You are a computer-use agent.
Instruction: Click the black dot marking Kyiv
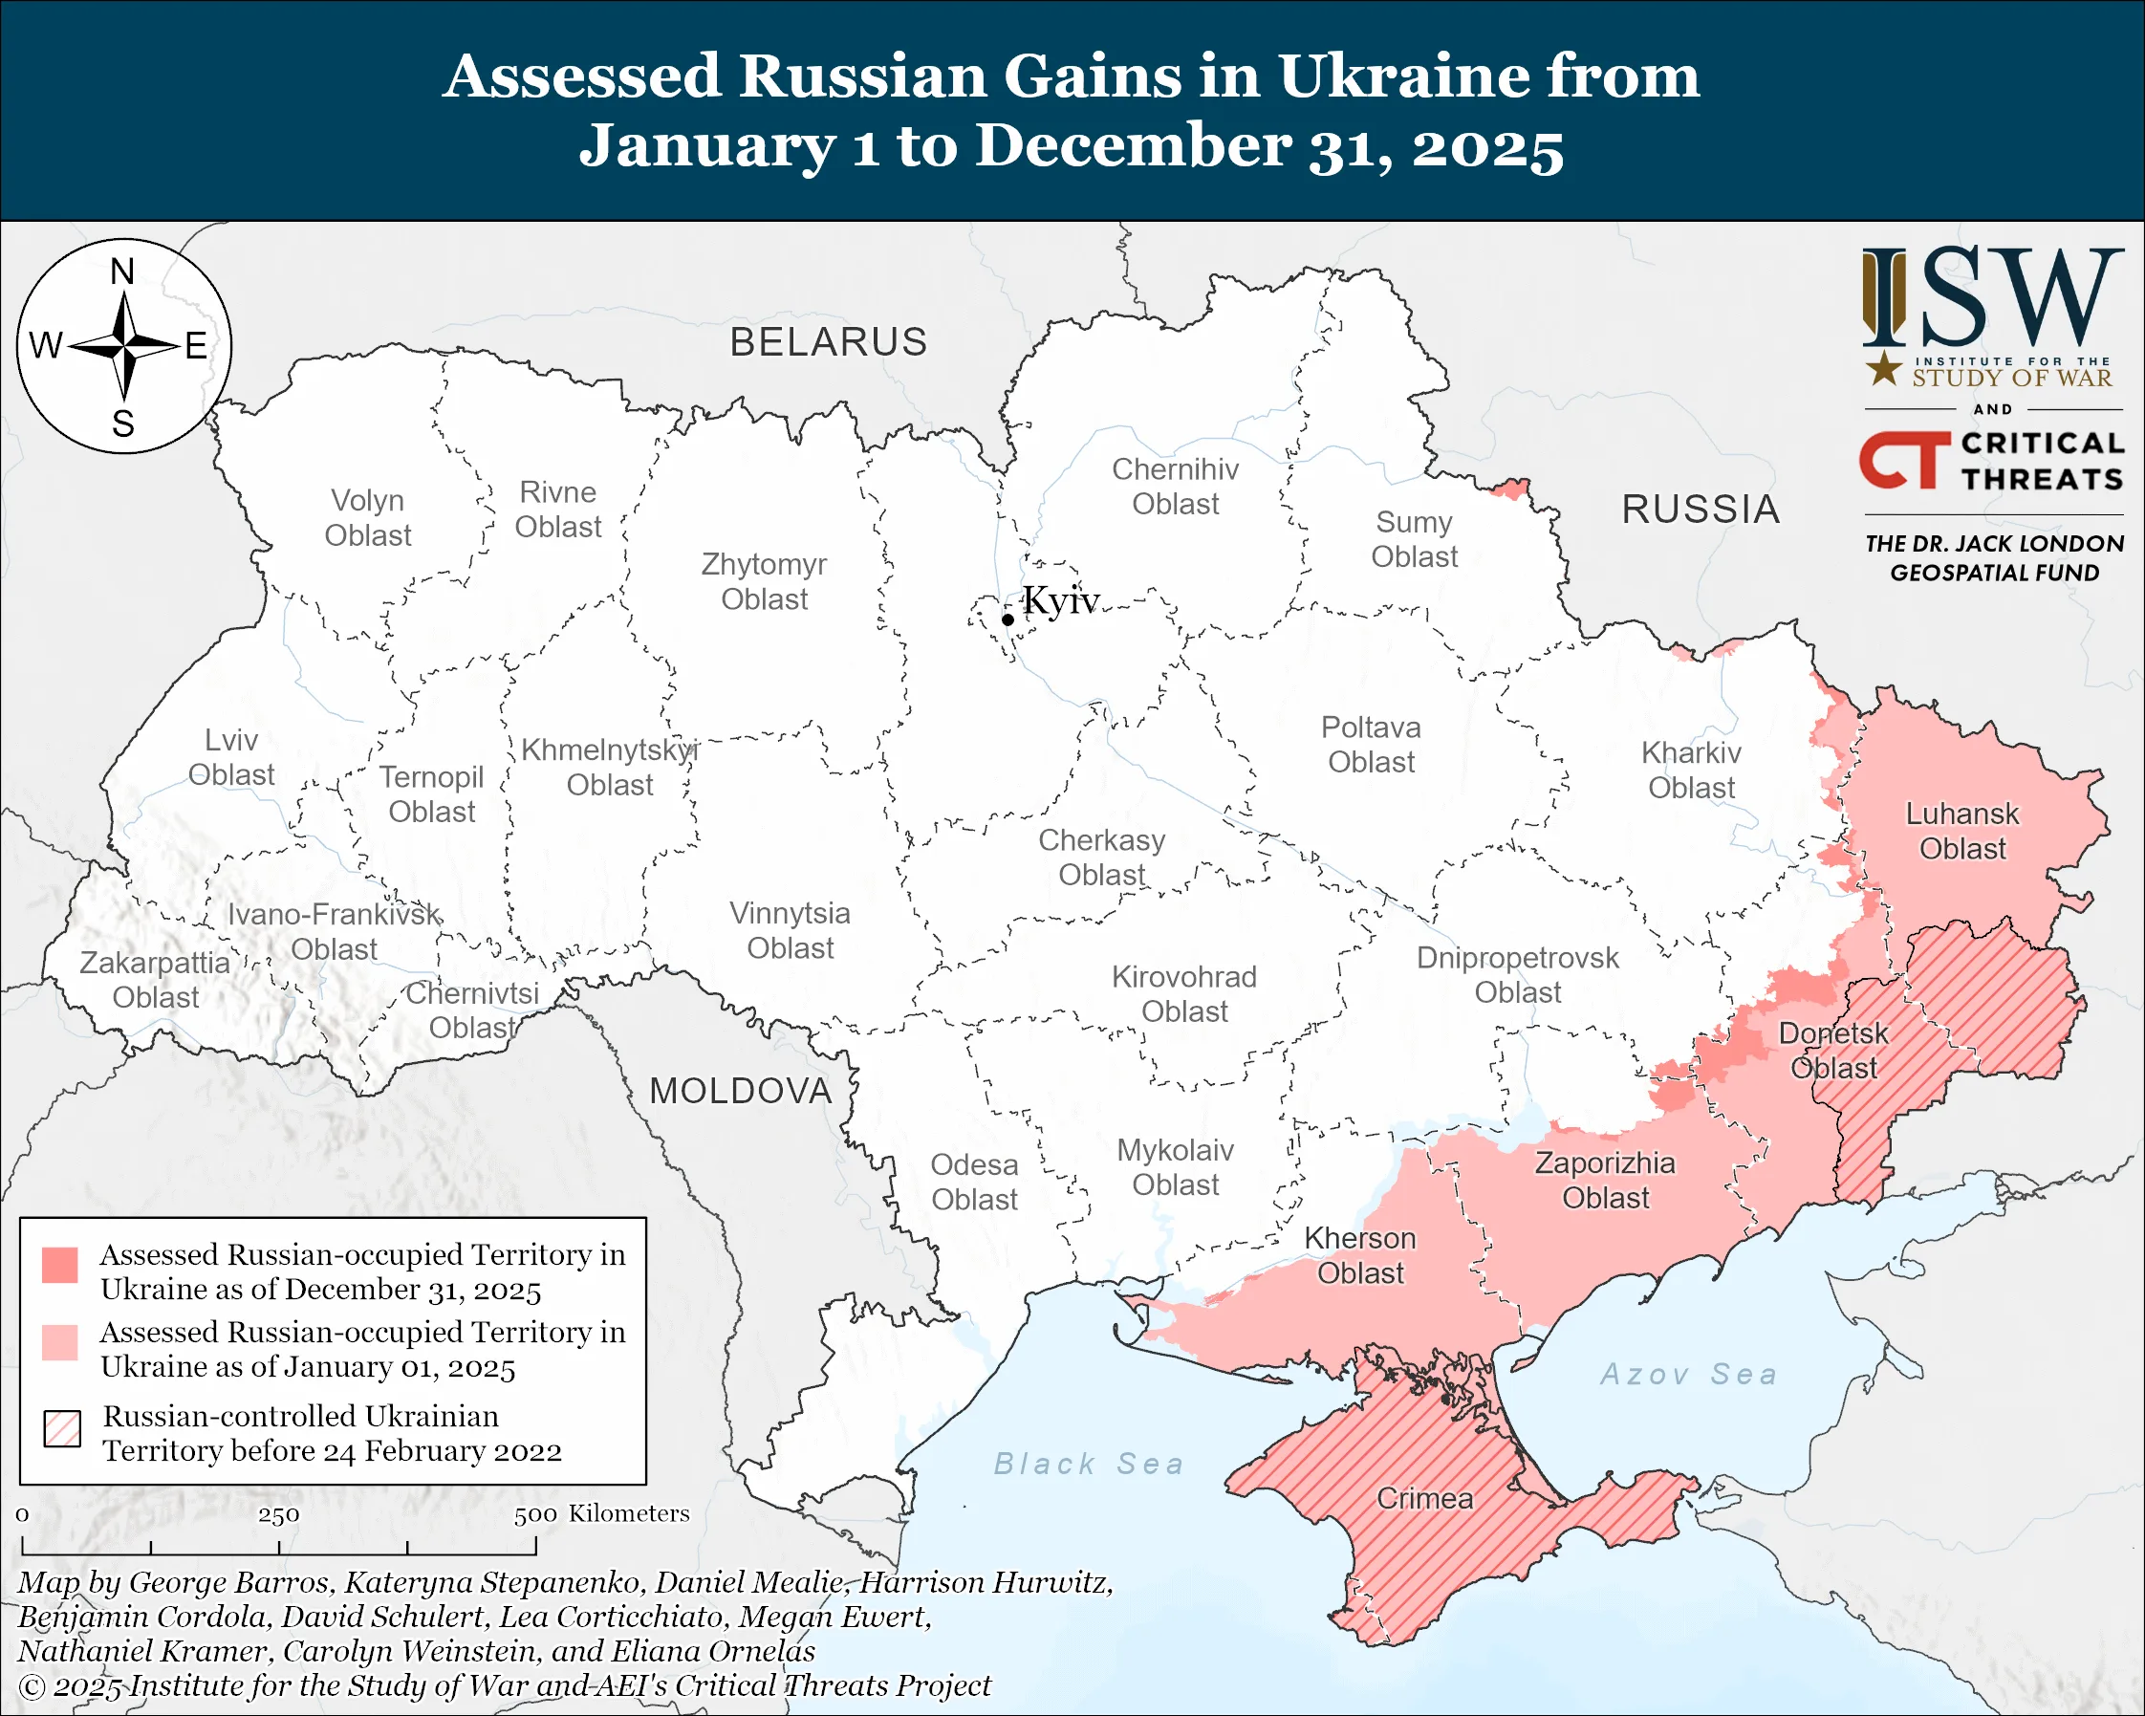click(x=1007, y=619)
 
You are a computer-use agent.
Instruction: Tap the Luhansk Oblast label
click(x=1961, y=831)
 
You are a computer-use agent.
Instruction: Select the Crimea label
click(x=1423, y=1498)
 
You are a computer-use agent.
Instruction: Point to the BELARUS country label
click(x=829, y=342)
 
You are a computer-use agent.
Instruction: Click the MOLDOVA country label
click(x=740, y=1092)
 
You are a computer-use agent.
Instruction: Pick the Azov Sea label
click(x=1688, y=1374)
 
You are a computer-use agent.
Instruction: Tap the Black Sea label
click(x=1090, y=1464)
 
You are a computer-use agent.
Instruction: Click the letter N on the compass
click(x=122, y=272)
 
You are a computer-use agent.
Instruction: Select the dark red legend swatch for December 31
click(x=59, y=1265)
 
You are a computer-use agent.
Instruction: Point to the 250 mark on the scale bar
click(x=278, y=1515)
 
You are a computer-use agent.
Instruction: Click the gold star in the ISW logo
click(x=1882, y=369)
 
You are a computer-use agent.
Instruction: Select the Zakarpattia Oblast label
click(x=155, y=980)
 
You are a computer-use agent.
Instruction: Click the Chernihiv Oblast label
click(x=1175, y=487)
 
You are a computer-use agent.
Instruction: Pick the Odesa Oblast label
click(x=974, y=1182)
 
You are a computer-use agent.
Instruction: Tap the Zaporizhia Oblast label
click(x=1605, y=1180)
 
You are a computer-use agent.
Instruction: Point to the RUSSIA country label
click(x=1701, y=510)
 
